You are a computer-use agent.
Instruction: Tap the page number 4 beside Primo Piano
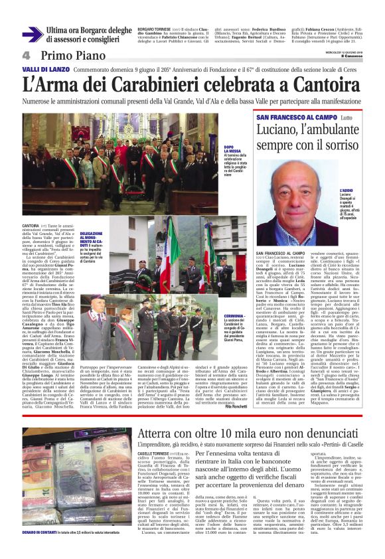(27, 54)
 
